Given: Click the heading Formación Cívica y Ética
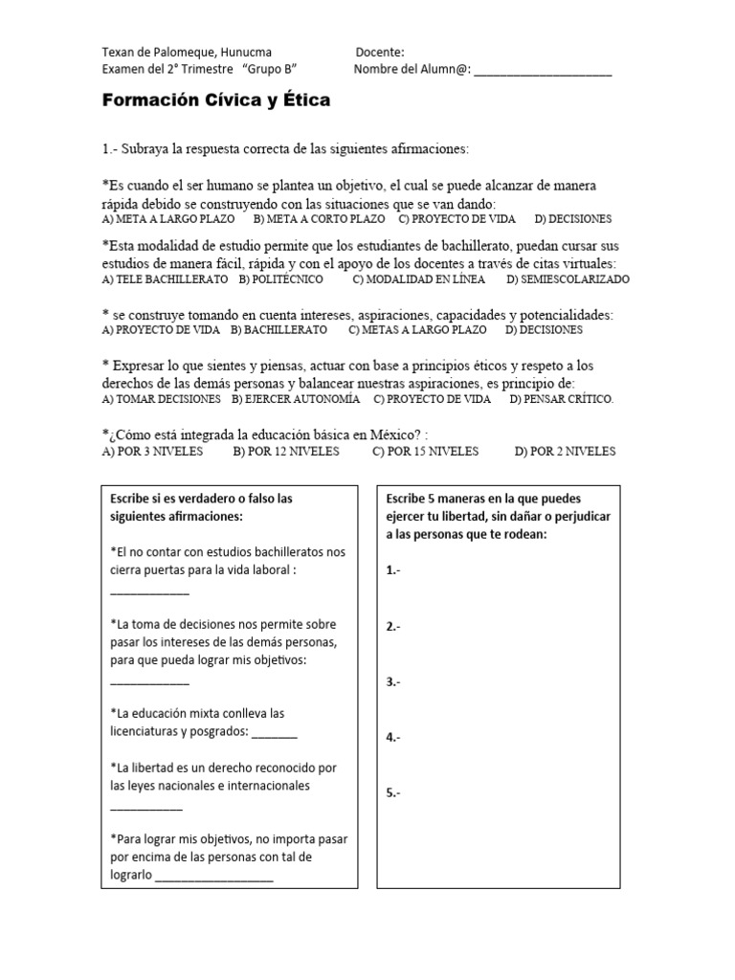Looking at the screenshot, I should (215, 100).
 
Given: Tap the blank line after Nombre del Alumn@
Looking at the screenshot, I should (543, 70).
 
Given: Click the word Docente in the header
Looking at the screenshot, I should (380, 52).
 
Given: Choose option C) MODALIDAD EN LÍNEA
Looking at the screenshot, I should (418, 279).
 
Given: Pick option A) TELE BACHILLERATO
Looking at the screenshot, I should (165, 279).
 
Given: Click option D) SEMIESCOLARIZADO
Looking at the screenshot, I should (568, 279).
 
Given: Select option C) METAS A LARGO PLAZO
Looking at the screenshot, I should (416, 330).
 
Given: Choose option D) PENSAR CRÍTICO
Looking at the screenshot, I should (562, 399).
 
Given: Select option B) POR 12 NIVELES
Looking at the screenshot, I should (285, 452).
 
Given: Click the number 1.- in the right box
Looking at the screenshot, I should (393, 570).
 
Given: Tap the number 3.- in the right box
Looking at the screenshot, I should (393, 682).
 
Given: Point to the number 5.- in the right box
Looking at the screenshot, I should (393, 793).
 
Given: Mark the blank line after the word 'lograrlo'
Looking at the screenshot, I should (214, 876).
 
